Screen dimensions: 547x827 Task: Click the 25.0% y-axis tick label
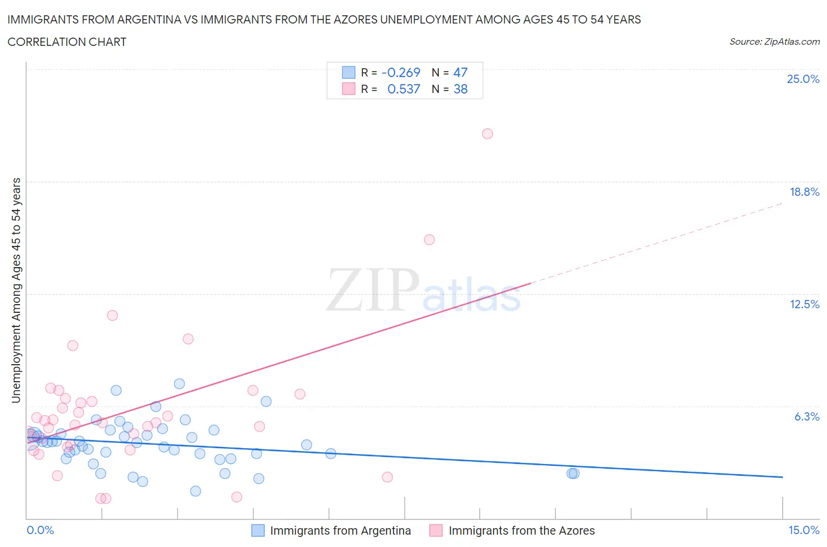pyautogui.click(x=803, y=79)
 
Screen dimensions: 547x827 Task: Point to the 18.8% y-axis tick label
pyautogui.click(x=804, y=192)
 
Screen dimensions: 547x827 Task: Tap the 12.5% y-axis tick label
pyautogui.click(x=804, y=304)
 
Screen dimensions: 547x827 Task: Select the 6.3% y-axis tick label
pyautogui.click(x=806, y=416)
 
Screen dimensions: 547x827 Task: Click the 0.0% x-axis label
pyautogui.click(x=41, y=530)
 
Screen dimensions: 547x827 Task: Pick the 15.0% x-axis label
pyautogui.click(x=803, y=530)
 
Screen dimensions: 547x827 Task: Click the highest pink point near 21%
pyautogui.click(x=487, y=134)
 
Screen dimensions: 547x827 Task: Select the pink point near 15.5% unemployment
pyautogui.click(x=429, y=239)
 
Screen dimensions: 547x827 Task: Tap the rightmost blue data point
pyautogui.click(x=573, y=473)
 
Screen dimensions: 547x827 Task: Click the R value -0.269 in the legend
pyautogui.click(x=401, y=72)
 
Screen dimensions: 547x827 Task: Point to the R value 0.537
pyautogui.click(x=404, y=89)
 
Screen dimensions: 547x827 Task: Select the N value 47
pyautogui.click(x=460, y=72)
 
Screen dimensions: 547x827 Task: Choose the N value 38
pyautogui.click(x=460, y=89)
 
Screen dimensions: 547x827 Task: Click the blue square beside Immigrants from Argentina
pyautogui.click(x=258, y=531)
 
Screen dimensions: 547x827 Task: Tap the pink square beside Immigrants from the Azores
pyautogui.click(x=436, y=531)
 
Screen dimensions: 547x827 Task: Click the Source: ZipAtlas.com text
pyautogui.click(x=774, y=42)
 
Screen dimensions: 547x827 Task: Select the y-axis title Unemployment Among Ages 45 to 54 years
pyautogui.click(x=16, y=291)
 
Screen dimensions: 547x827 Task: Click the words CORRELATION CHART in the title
pyautogui.click(x=67, y=42)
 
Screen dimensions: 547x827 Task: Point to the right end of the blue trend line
pyautogui.click(x=782, y=476)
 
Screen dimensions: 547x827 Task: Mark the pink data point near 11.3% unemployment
pyautogui.click(x=112, y=315)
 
